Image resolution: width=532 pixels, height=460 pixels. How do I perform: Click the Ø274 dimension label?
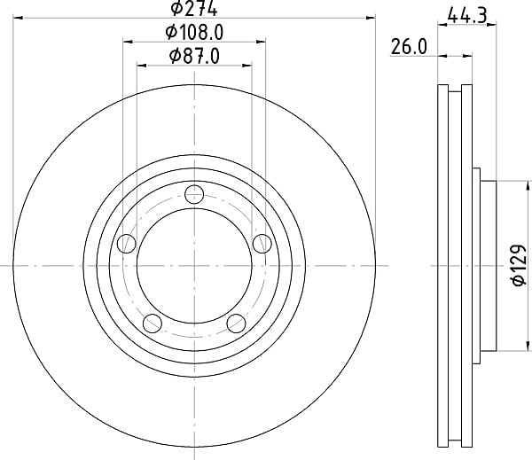click(193, 9)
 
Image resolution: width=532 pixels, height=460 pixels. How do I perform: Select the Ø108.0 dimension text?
click(194, 33)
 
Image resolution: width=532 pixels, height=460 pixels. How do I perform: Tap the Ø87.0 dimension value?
click(194, 56)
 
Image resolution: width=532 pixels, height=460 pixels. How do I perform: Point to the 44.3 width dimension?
click(467, 16)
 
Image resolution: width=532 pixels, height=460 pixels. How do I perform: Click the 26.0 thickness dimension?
click(409, 47)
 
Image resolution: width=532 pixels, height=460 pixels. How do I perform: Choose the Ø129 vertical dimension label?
click(519, 265)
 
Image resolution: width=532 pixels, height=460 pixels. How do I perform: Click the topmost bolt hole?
click(194, 194)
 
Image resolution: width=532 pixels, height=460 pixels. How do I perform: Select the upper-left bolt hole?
click(127, 243)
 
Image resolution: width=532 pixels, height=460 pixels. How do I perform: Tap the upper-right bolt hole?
click(262, 243)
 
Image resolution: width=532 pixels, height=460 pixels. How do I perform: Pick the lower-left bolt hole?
click(152, 324)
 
